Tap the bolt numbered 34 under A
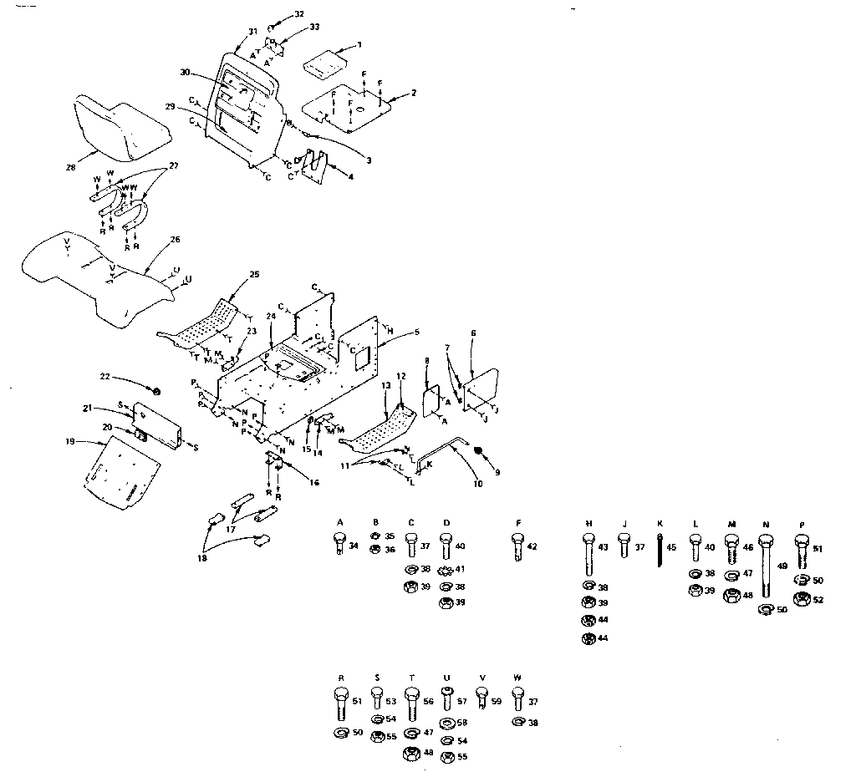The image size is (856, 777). tap(339, 546)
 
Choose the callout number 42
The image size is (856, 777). tap(532, 547)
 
